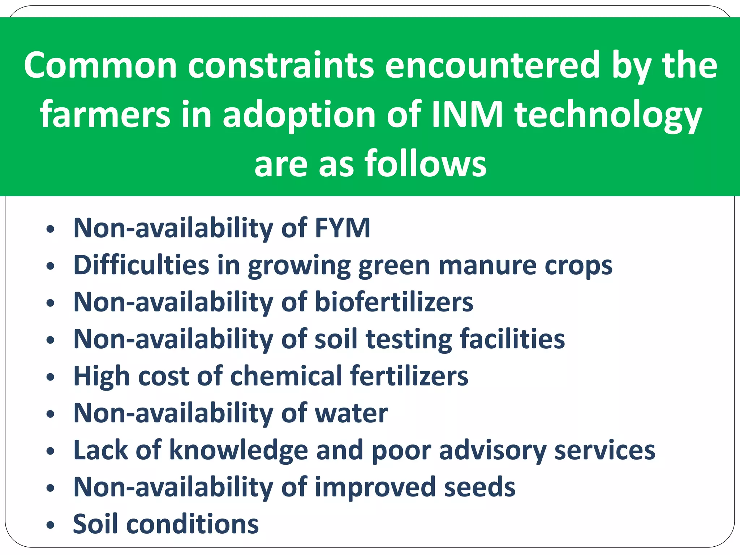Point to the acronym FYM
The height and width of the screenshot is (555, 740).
(343, 228)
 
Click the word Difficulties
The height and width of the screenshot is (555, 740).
(141, 265)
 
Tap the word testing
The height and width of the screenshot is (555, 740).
(408, 339)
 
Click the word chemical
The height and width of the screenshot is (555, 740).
(286, 376)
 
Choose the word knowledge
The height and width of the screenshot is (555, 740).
(238, 450)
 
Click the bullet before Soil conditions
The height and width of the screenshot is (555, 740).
(51, 525)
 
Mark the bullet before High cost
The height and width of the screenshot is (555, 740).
(51, 377)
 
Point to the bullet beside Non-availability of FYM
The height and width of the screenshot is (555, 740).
(51, 229)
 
